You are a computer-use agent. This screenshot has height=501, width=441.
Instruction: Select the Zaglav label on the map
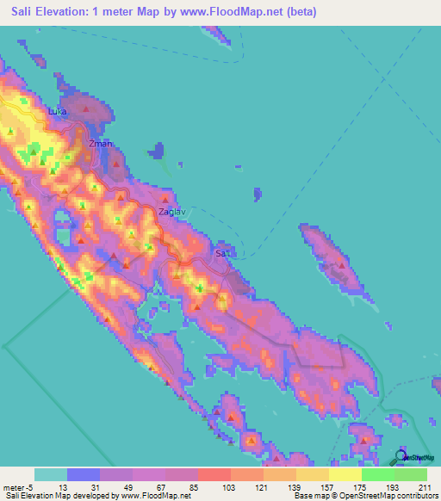tap(172, 210)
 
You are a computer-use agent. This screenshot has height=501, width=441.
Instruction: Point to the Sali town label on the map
tap(223, 254)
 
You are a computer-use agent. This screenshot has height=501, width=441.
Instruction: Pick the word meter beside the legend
tap(12, 488)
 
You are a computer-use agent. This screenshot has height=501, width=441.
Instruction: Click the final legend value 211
tap(427, 488)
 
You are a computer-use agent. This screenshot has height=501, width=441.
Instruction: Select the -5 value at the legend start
tap(29, 488)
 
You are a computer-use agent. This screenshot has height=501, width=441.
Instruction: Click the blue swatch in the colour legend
tap(84, 474)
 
